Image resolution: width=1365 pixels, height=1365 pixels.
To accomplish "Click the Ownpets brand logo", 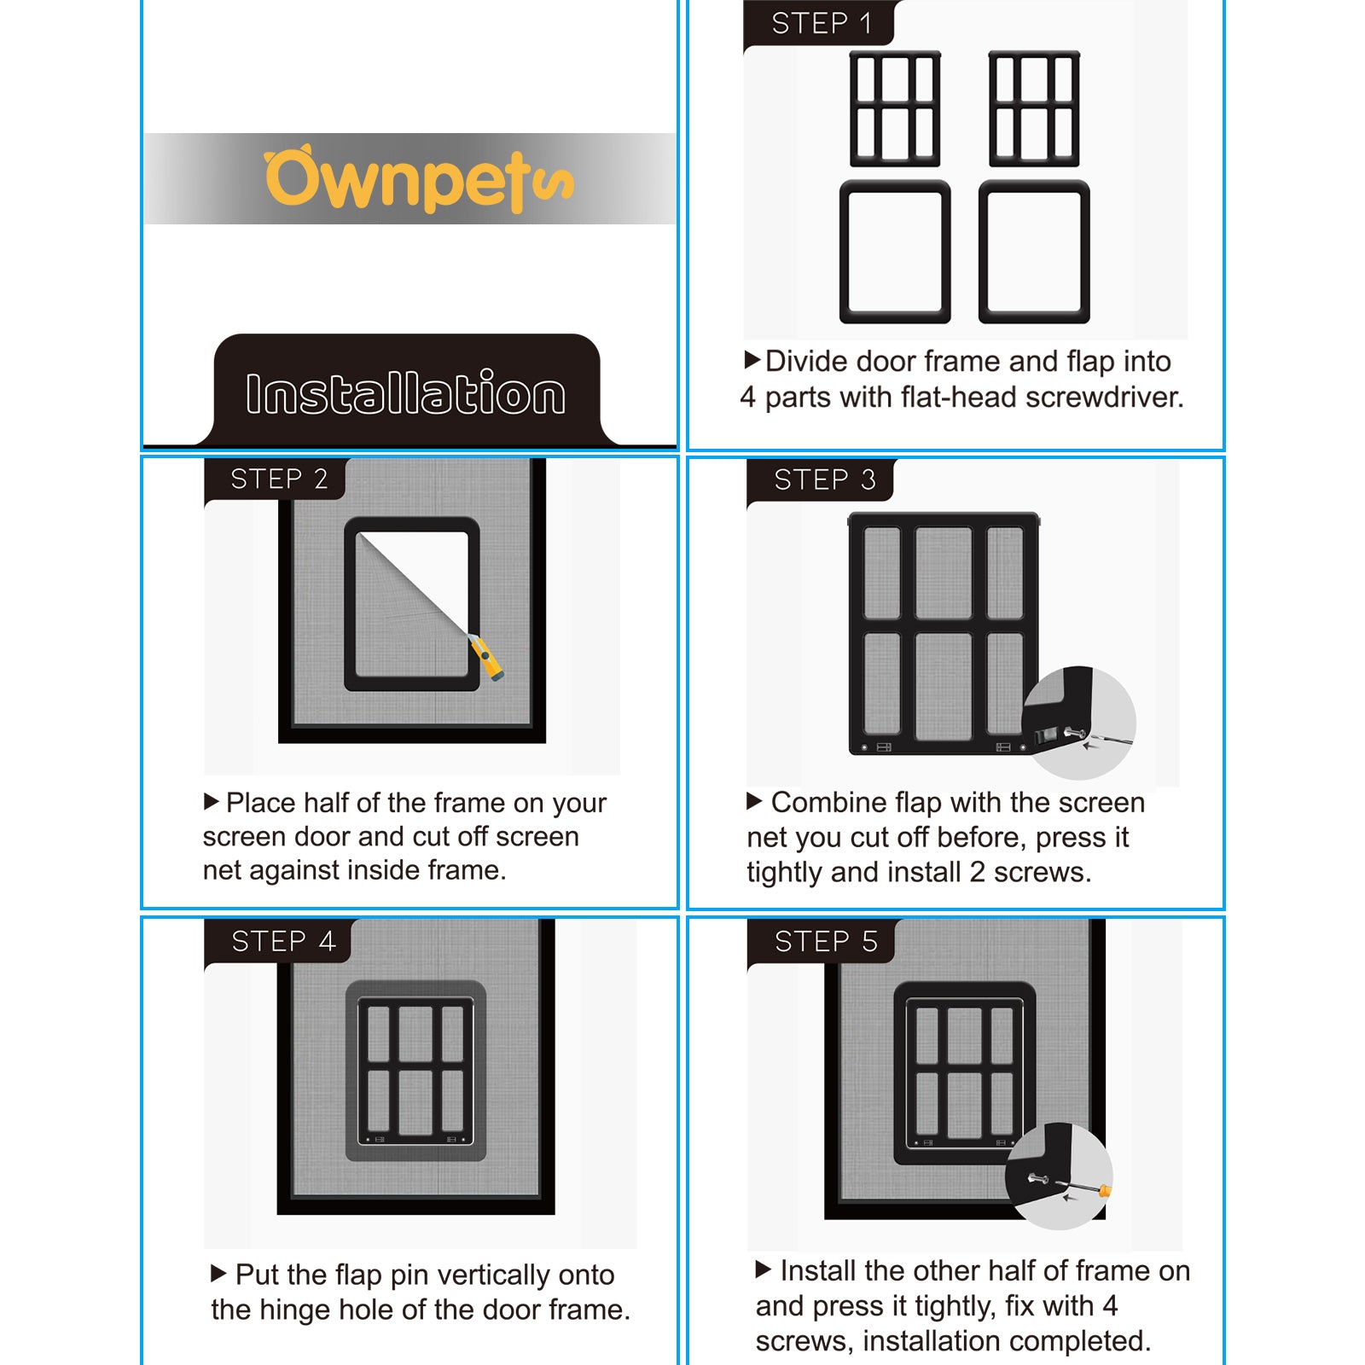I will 418,179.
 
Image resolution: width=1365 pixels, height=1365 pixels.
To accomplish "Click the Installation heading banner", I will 406,392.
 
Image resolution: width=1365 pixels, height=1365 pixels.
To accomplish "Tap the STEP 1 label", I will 821,23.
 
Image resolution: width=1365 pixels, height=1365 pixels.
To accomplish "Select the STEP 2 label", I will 279,479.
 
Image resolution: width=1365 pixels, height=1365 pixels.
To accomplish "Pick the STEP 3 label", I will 824,479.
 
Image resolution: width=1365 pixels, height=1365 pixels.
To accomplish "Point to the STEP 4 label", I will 283,941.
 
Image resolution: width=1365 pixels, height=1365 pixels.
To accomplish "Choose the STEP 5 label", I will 825,941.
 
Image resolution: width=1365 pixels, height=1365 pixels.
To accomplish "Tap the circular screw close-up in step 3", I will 1078,723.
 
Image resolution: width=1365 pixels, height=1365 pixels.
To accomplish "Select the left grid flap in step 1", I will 895,108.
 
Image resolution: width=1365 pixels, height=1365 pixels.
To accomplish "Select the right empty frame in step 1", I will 1034,252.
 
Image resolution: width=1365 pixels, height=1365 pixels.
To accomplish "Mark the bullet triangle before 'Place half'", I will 212,802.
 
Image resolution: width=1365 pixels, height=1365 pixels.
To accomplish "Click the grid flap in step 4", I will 415,1071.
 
